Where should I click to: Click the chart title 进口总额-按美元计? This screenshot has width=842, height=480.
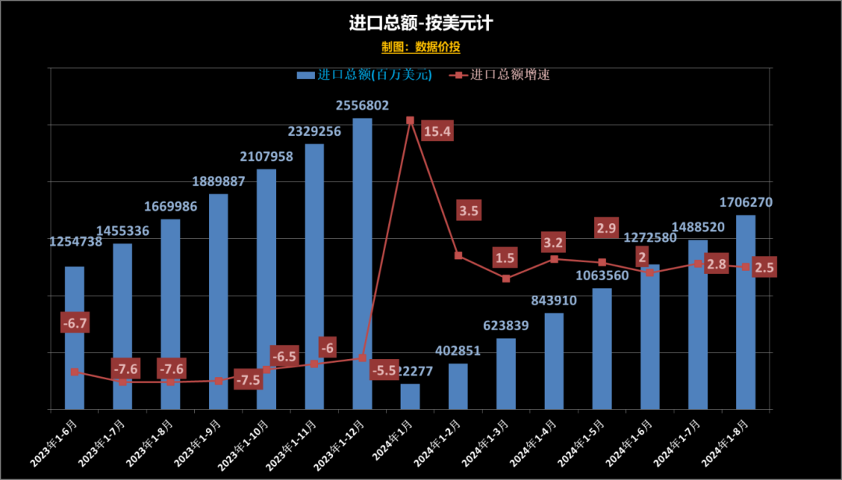(421, 23)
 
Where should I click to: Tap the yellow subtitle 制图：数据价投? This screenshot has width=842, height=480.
(421, 47)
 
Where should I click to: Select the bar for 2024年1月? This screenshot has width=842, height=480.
(410, 396)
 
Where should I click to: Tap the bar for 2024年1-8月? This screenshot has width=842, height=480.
(746, 312)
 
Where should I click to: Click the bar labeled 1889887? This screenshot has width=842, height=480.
(218, 301)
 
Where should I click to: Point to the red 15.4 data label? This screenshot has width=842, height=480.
(437, 132)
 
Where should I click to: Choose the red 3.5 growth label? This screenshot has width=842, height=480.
(469, 211)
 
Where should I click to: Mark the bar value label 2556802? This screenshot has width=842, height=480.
(363, 105)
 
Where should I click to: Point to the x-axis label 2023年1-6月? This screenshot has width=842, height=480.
(59, 443)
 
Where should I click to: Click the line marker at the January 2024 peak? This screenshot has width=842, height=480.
(410, 120)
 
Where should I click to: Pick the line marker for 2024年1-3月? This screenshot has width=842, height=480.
(506, 279)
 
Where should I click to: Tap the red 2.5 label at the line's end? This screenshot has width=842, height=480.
(765, 268)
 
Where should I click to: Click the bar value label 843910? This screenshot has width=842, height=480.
(554, 300)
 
